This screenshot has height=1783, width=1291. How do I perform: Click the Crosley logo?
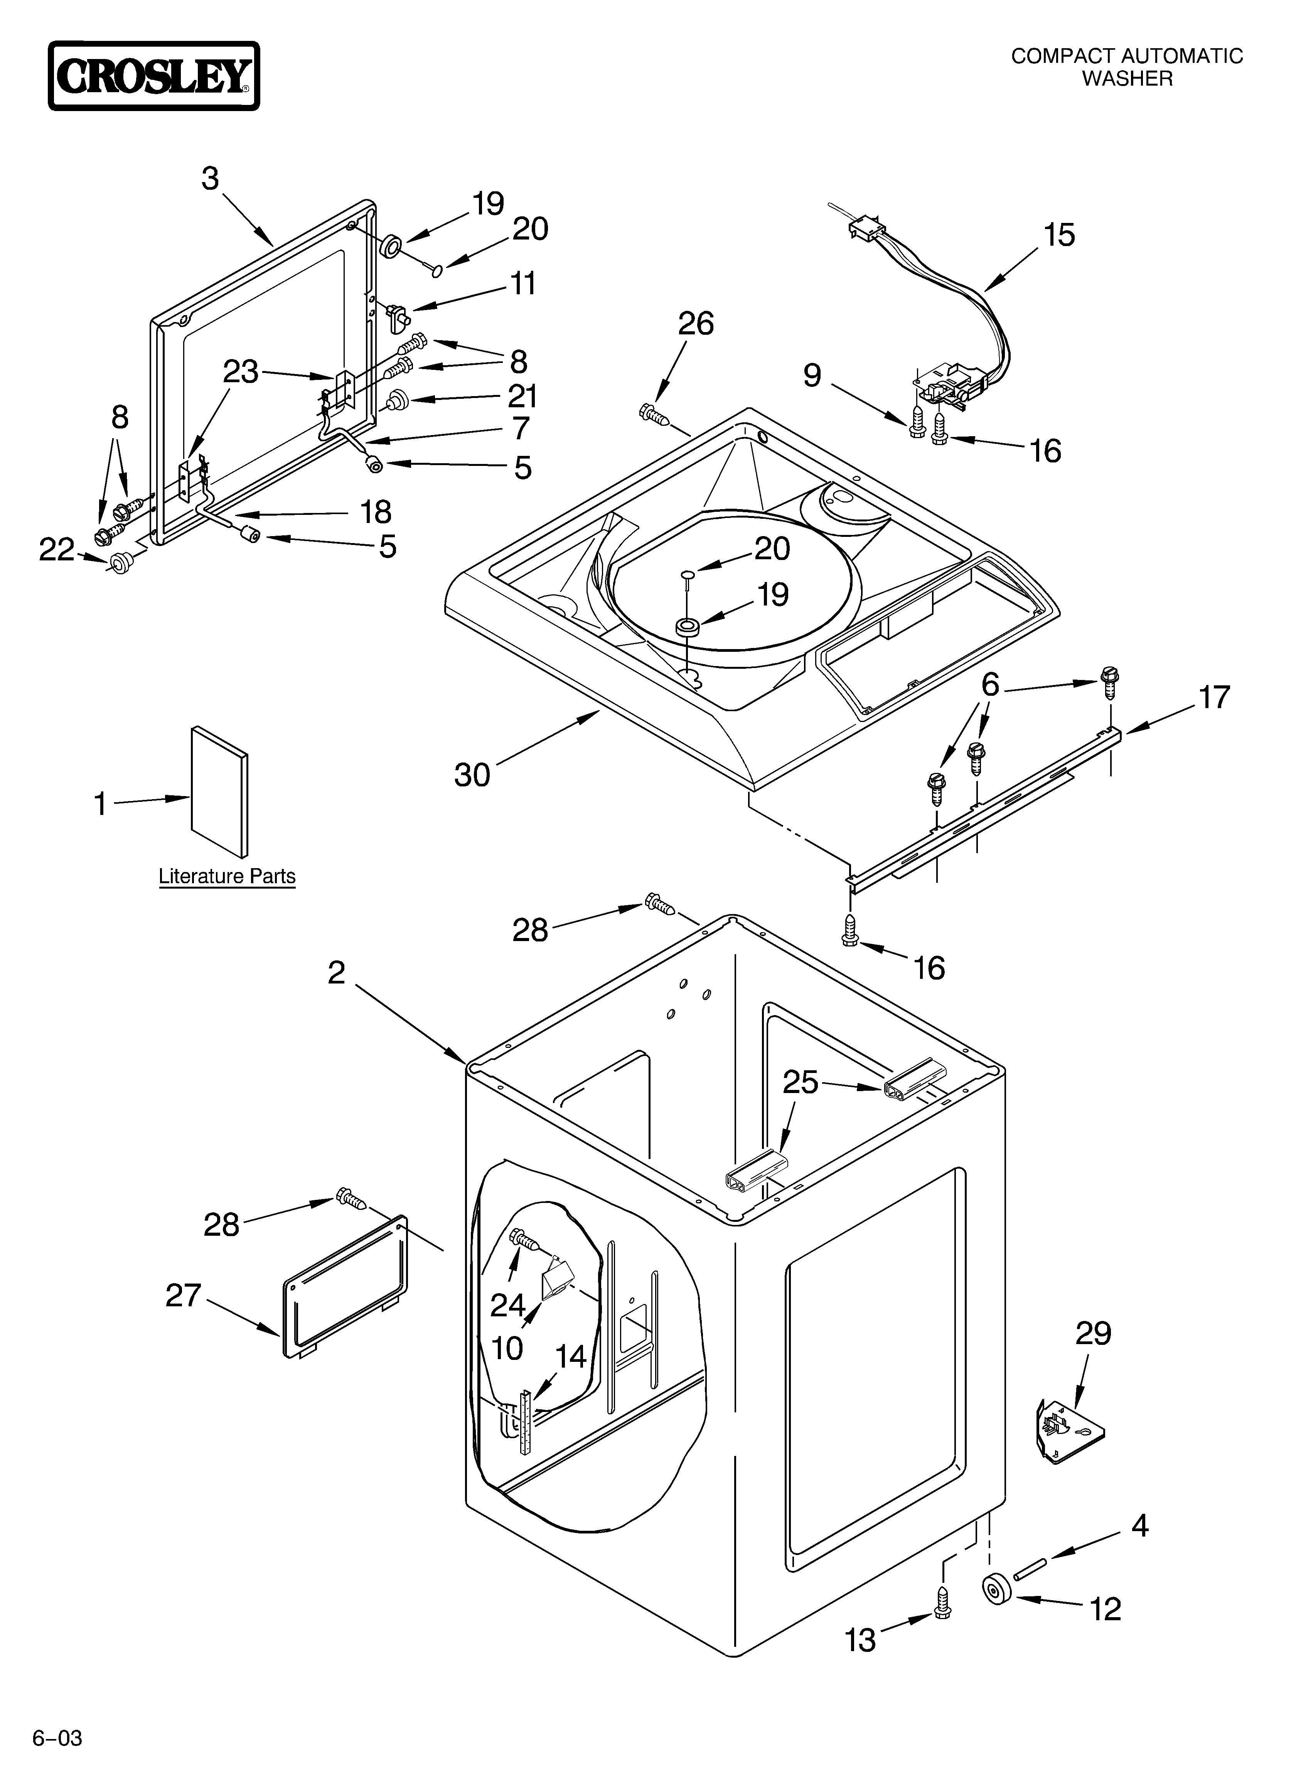click(153, 76)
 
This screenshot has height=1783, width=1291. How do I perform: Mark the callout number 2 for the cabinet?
click(337, 973)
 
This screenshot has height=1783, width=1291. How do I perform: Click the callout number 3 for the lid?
click(210, 179)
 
